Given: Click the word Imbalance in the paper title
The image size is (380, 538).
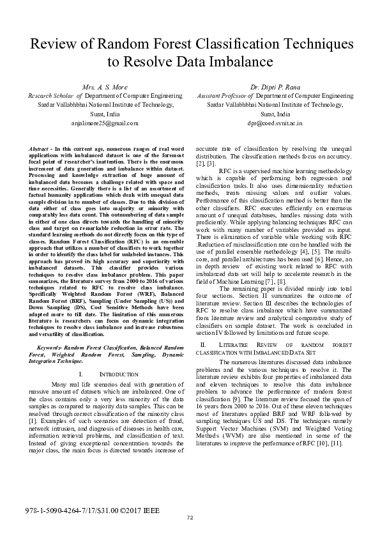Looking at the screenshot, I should pos(237,62).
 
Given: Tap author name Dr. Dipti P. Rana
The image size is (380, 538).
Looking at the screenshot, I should pos(276,86).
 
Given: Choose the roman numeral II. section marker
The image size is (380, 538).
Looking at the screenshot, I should pos(203,345).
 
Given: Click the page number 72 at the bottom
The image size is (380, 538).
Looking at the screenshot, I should pos(190,518).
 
